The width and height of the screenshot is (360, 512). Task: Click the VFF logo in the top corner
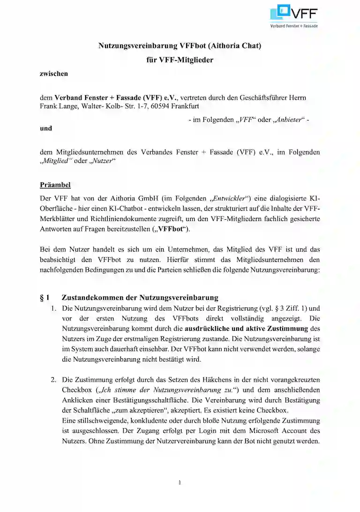pyautogui.click(x=294, y=16)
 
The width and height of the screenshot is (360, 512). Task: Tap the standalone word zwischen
pyautogui.click(x=54, y=74)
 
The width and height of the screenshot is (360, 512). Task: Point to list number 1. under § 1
pyautogui.click(x=54, y=309)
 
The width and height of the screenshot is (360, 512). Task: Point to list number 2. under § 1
pyautogui.click(x=54, y=379)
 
